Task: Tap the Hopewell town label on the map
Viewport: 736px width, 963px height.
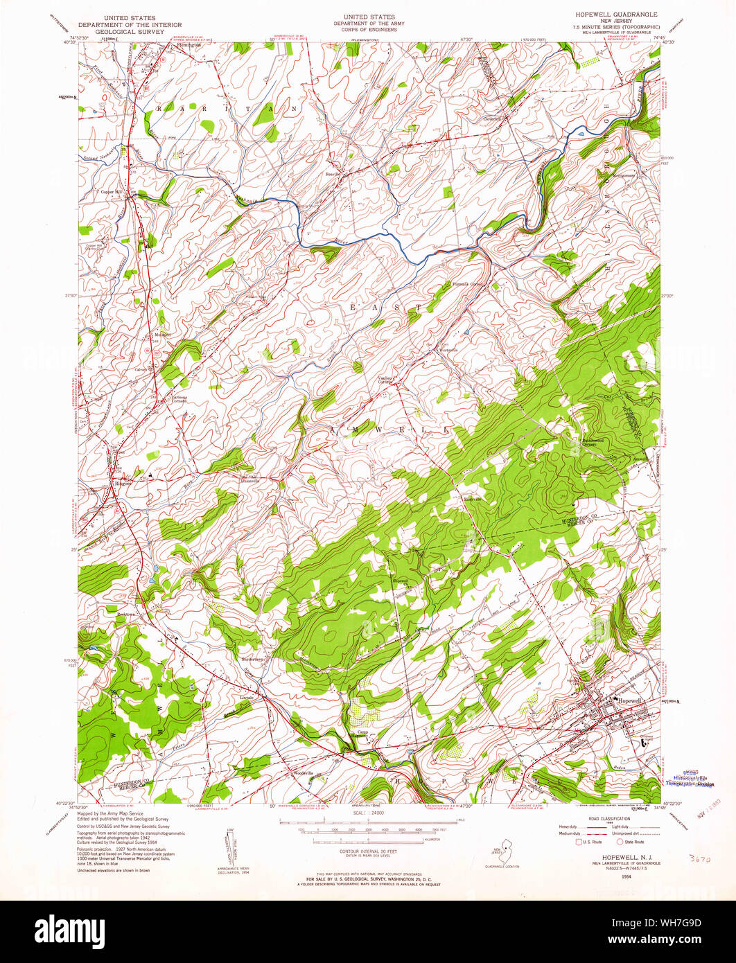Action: tap(629, 700)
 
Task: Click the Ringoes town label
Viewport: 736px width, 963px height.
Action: tap(123, 483)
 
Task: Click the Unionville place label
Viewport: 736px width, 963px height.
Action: tap(249, 480)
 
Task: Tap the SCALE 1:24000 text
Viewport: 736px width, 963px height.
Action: tap(358, 817)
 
